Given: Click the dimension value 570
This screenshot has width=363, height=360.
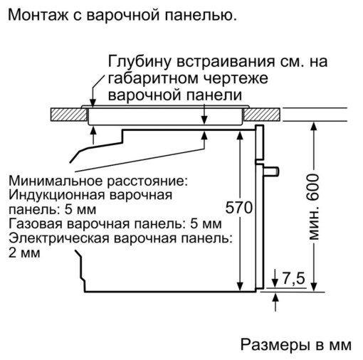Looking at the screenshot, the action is click(238, 208).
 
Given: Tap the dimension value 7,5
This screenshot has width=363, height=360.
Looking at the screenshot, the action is click(293, 278).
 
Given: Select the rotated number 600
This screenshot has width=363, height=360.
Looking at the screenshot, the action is click(313, 187).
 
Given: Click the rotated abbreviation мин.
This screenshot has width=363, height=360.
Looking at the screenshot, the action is click(314, 224).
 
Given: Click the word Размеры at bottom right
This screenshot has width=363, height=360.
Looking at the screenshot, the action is click(275, 344).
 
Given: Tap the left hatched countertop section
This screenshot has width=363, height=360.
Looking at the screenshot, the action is click(68, 115).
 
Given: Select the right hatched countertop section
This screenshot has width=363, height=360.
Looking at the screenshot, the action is click(262, 115).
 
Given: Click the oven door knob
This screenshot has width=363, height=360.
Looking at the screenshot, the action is click(271, 171).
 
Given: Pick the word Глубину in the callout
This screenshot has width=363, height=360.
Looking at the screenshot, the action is click(140, 62).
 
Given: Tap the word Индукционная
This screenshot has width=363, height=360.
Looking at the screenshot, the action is click(57, 196).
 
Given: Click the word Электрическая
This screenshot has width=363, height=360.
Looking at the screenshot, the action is click(59, 238).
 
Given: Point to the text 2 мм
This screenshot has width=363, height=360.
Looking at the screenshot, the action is click(24, 253).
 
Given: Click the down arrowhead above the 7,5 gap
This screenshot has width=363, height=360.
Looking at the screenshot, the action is click(275, 282).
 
